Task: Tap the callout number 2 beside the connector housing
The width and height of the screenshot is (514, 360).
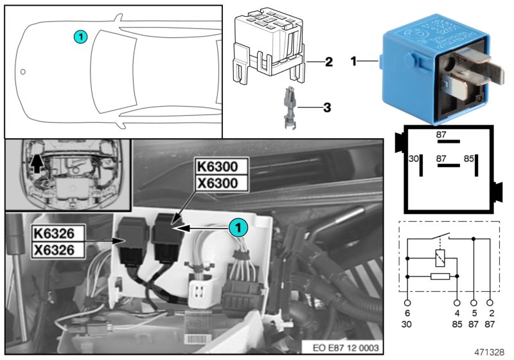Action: (328, 62)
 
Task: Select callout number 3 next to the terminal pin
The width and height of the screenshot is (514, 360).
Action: (326, 108)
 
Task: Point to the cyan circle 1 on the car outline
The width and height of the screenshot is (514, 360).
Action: (79, 37)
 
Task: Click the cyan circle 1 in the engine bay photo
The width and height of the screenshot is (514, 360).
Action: (238, 227)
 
